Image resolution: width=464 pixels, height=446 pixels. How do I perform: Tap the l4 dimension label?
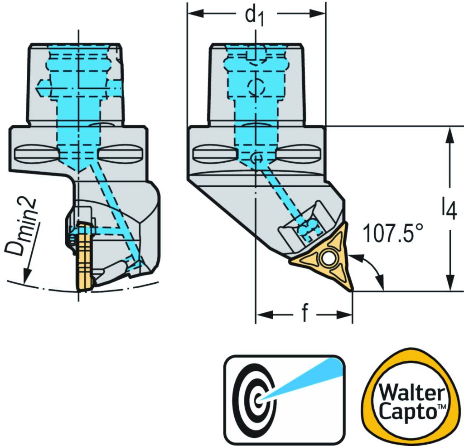pos(449,210)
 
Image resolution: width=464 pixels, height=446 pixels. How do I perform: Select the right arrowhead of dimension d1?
pos(320,14)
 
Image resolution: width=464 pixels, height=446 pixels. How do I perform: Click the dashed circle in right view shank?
pos(257,86)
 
